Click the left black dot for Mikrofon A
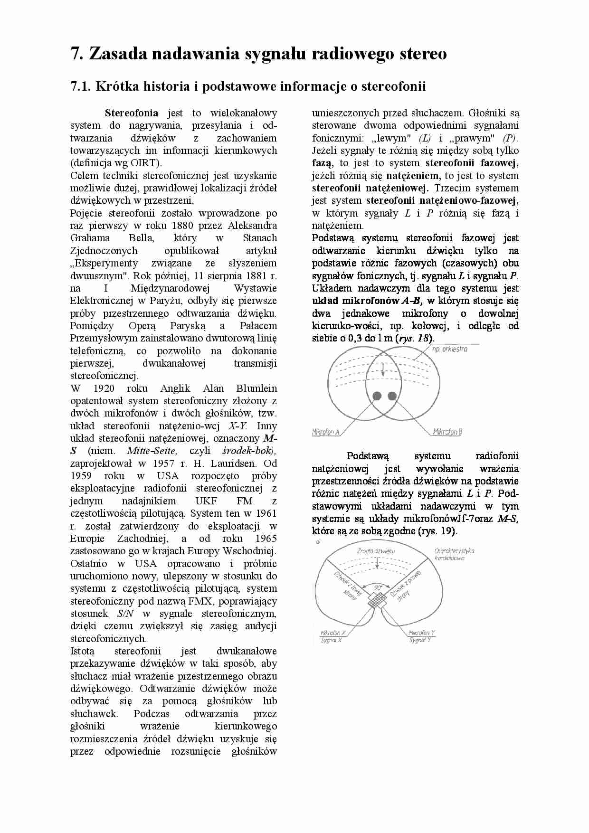[x=377, y=396]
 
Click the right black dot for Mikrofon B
[x=392, y=396]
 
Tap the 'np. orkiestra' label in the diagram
[x=449, y=349]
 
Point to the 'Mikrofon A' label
[x=326, y=432]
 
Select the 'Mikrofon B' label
[x=447, y=432]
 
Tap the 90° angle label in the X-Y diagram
[x=378, y=587]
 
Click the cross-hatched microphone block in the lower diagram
[x=377, y=602]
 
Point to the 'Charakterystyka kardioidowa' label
[x=454, y=554]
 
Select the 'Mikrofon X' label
[x=333, y=633]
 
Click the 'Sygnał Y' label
[x=420, y=640]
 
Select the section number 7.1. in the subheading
[x=81, y=86]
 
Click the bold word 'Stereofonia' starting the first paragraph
[x=132, y=113]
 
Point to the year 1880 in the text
[x=182, y=226]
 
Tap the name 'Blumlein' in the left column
[x=256, y=388]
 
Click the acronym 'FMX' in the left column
[x=199, y=601]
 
